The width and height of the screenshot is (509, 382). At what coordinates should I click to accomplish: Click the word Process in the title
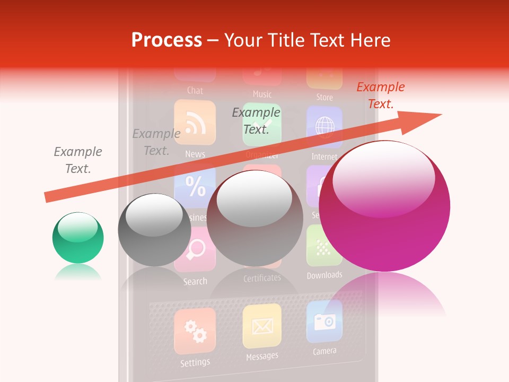[x=166, y=40]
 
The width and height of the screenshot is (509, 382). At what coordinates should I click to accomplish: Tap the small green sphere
[x=78, y=237]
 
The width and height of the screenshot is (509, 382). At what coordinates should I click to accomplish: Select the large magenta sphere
[x=384, y=206]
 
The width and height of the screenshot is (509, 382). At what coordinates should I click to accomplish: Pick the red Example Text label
[x=380, y=95]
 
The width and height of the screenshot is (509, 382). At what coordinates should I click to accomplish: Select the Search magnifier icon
[x=195, y=250]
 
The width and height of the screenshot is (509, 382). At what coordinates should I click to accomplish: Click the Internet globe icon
[x=324, y=127]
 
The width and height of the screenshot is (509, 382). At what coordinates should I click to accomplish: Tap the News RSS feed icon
[x=195, y=123]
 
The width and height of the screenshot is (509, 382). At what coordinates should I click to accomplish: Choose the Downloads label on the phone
[x=324, y=275]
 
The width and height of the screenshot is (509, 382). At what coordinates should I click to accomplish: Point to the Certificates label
[x=262, y=278]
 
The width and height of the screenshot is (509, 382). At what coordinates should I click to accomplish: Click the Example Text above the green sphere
[x=78, y=160]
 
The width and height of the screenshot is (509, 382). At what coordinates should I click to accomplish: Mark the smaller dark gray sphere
[x=154, y=230]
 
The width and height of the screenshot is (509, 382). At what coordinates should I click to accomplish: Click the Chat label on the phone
[x=195, y=91]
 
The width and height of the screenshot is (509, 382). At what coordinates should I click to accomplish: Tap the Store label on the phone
[x=324, y=97]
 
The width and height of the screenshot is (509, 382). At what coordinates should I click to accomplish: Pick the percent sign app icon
[x=195, y=187]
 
